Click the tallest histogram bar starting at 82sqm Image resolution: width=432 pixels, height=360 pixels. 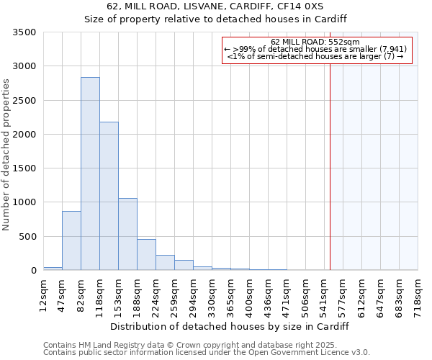(90, 174)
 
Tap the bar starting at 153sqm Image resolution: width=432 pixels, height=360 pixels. (127, 234)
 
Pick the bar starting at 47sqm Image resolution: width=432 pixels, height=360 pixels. (71, 240)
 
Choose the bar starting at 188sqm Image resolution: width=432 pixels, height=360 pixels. (146, 255)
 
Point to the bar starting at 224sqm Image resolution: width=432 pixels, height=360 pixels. (165, 263)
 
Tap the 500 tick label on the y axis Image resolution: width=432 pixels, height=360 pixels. (27, 237)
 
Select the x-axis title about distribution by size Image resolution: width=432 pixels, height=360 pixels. (230, 326)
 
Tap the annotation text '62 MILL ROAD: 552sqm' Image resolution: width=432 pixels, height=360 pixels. (320, 42)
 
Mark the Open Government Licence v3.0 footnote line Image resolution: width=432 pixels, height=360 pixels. (207, 353)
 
